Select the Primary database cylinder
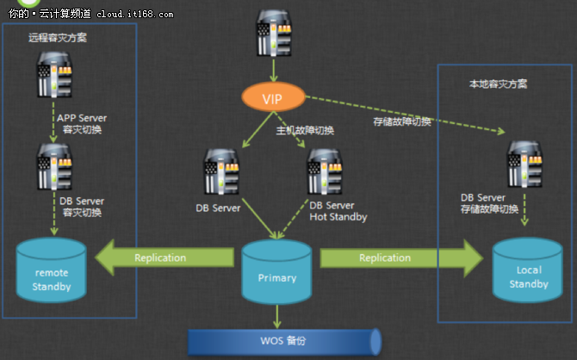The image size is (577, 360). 276,273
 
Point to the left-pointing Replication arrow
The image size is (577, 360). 164,258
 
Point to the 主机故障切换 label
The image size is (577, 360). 305,131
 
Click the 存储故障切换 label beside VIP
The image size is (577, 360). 401,121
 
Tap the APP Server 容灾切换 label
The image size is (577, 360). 83,124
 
